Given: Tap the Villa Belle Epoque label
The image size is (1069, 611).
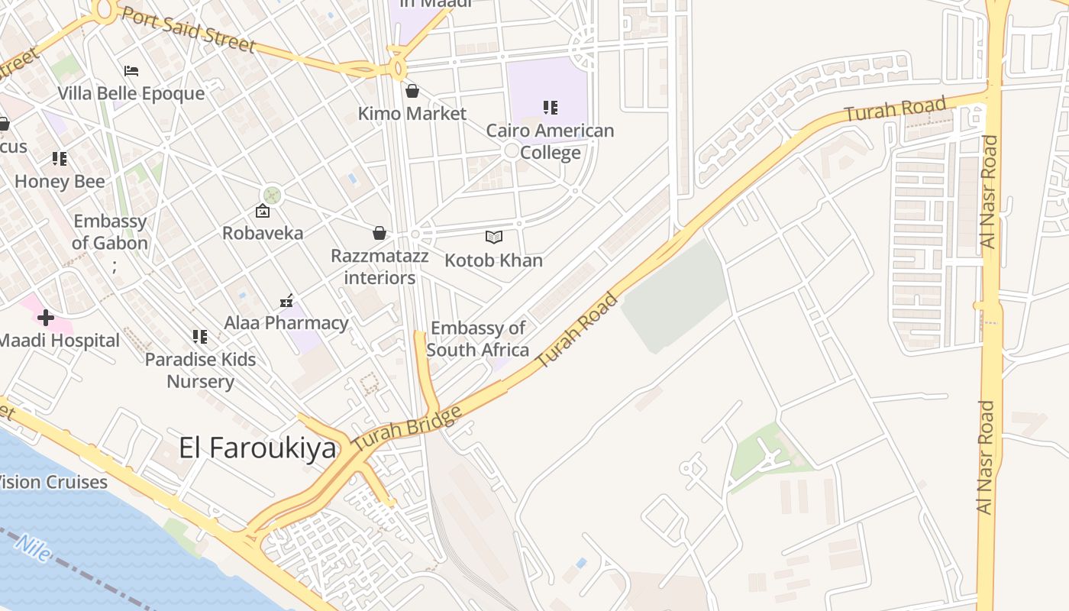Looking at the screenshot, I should (x=131, y=93).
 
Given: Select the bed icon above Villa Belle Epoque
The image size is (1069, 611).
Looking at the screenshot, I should (x=131, y=71).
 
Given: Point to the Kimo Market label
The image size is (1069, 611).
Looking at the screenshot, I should (x=412, y=114).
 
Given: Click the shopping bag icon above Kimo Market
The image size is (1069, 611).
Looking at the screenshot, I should (x=412, y=92).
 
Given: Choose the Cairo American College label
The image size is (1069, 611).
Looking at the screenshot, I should (x=550, y=141).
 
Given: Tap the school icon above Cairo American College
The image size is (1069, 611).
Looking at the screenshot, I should (x=550, y=108).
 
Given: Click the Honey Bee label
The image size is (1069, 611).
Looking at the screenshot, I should (x=60, y=181).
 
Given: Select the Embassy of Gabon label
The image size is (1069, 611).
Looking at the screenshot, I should (x=110, y=232).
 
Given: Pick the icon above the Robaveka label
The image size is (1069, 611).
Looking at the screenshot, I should (x=263, y=211).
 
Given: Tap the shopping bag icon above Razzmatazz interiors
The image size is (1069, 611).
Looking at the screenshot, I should (x=379, y=233).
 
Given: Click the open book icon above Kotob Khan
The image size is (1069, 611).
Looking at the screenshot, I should (x=494, y=238).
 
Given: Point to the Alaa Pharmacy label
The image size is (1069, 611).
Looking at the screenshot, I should (x=286, y=323).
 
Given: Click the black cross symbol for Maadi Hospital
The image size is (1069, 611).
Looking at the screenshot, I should (x=46, y=317).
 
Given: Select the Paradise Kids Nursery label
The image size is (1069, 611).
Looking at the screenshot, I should (x=200, y=370).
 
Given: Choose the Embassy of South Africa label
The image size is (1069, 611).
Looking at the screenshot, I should (x=478, y=339).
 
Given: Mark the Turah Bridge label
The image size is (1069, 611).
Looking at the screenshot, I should (x=408, y=428).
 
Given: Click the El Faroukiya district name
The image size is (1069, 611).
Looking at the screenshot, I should (x=257, y=448).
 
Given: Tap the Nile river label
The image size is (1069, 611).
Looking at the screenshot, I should (x=34, y=547).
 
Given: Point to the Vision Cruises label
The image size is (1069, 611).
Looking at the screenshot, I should (x=53, y=482).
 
